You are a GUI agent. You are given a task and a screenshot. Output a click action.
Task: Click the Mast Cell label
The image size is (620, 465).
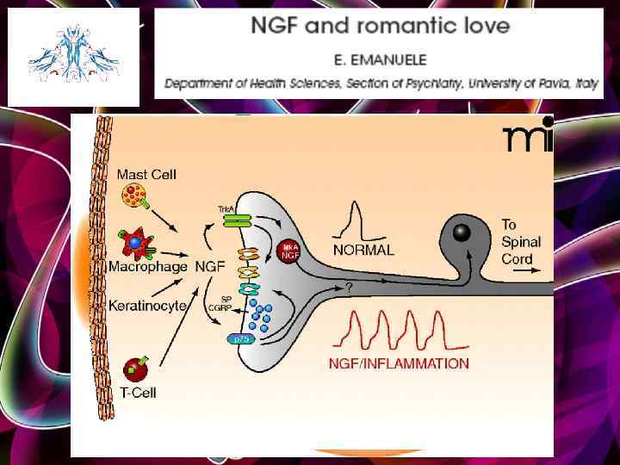146,174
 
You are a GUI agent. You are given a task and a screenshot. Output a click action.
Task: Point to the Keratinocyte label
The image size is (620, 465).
147,305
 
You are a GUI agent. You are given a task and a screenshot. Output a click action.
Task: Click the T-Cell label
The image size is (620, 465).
139,394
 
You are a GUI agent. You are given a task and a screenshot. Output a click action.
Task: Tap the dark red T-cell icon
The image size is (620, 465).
134,369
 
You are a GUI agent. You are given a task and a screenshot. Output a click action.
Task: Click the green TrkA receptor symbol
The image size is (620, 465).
234,222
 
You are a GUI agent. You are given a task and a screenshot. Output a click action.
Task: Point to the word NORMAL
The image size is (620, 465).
363,251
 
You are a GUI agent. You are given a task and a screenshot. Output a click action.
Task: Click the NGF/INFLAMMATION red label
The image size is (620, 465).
399,363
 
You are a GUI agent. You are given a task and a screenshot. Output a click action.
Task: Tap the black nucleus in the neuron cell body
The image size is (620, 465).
462,232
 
